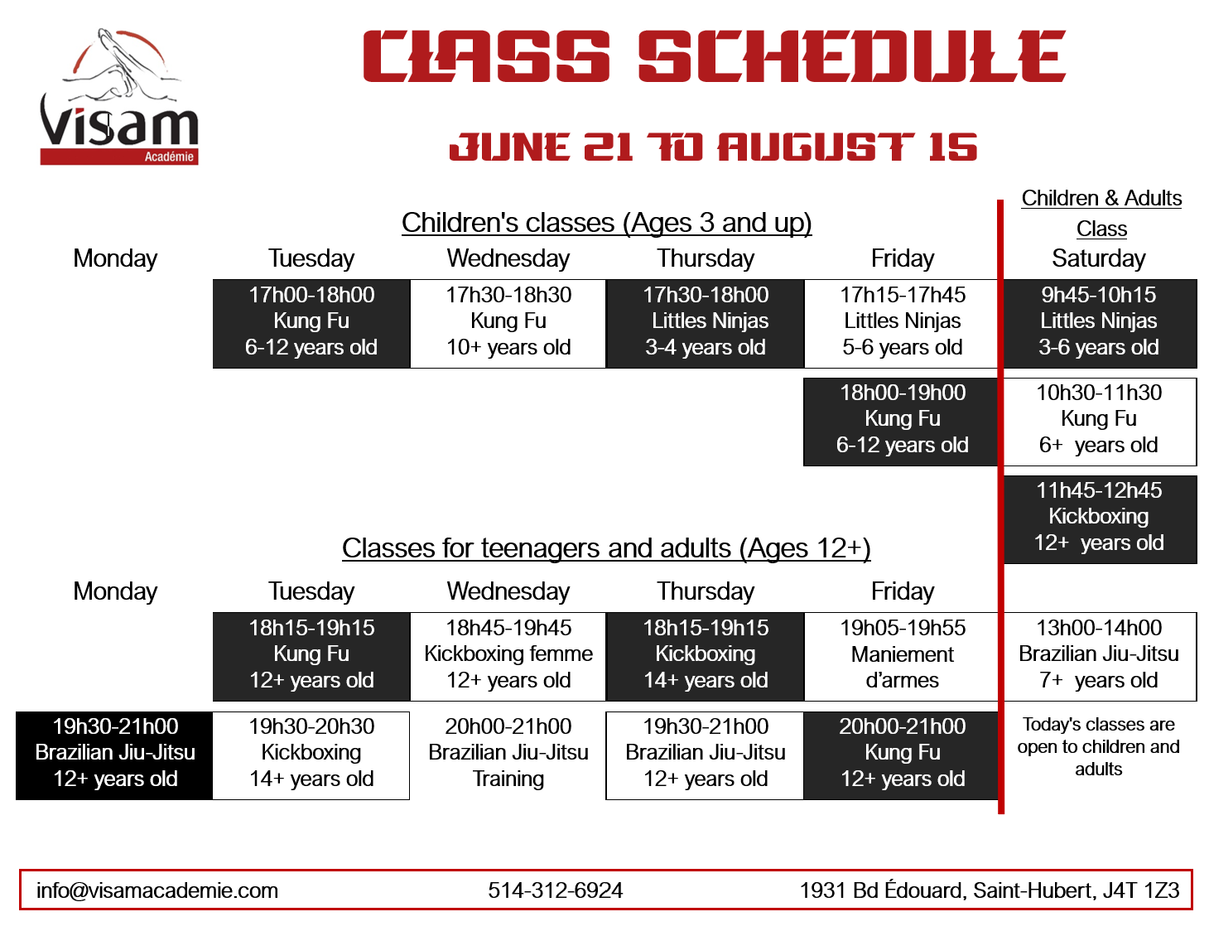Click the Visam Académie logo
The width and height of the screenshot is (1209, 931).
118,96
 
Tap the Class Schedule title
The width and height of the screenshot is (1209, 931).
714,55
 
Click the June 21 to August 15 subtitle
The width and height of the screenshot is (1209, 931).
713,147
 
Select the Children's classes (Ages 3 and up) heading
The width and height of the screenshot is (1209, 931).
606,223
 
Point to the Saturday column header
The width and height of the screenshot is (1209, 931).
1098,258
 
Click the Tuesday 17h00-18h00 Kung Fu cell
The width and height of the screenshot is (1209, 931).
311,323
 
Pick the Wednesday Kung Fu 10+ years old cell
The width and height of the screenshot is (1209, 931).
508,323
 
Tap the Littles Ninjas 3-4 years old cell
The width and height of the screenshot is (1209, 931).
705,323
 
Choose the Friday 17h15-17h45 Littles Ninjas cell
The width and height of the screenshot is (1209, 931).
902,323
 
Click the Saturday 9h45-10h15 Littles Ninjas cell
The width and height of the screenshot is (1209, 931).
1100,323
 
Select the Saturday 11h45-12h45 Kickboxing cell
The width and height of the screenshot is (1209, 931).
1100,519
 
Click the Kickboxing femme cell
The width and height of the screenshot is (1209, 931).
508,657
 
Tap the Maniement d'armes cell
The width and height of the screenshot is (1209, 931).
902,657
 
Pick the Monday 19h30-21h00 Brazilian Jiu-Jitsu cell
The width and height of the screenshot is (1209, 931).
114,755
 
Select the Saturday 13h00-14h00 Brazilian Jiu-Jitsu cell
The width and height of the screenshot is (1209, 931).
1100,657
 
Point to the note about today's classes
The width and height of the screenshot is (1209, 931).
1098,746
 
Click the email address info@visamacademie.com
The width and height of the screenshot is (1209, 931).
157,890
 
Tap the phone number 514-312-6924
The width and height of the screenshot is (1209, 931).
556,890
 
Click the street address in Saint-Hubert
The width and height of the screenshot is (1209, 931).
990,890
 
